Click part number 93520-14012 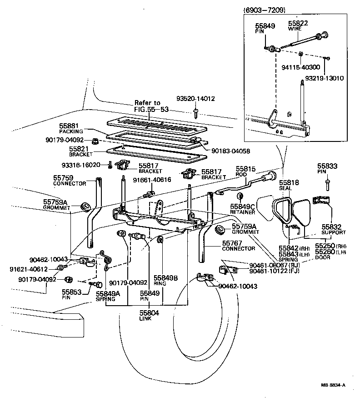click(195, 98)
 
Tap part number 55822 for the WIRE click(297, 23)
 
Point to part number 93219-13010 click(324, 78)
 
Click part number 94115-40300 click(300, 66)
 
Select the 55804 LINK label click(149, 316)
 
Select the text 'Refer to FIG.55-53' click(147, 106)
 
